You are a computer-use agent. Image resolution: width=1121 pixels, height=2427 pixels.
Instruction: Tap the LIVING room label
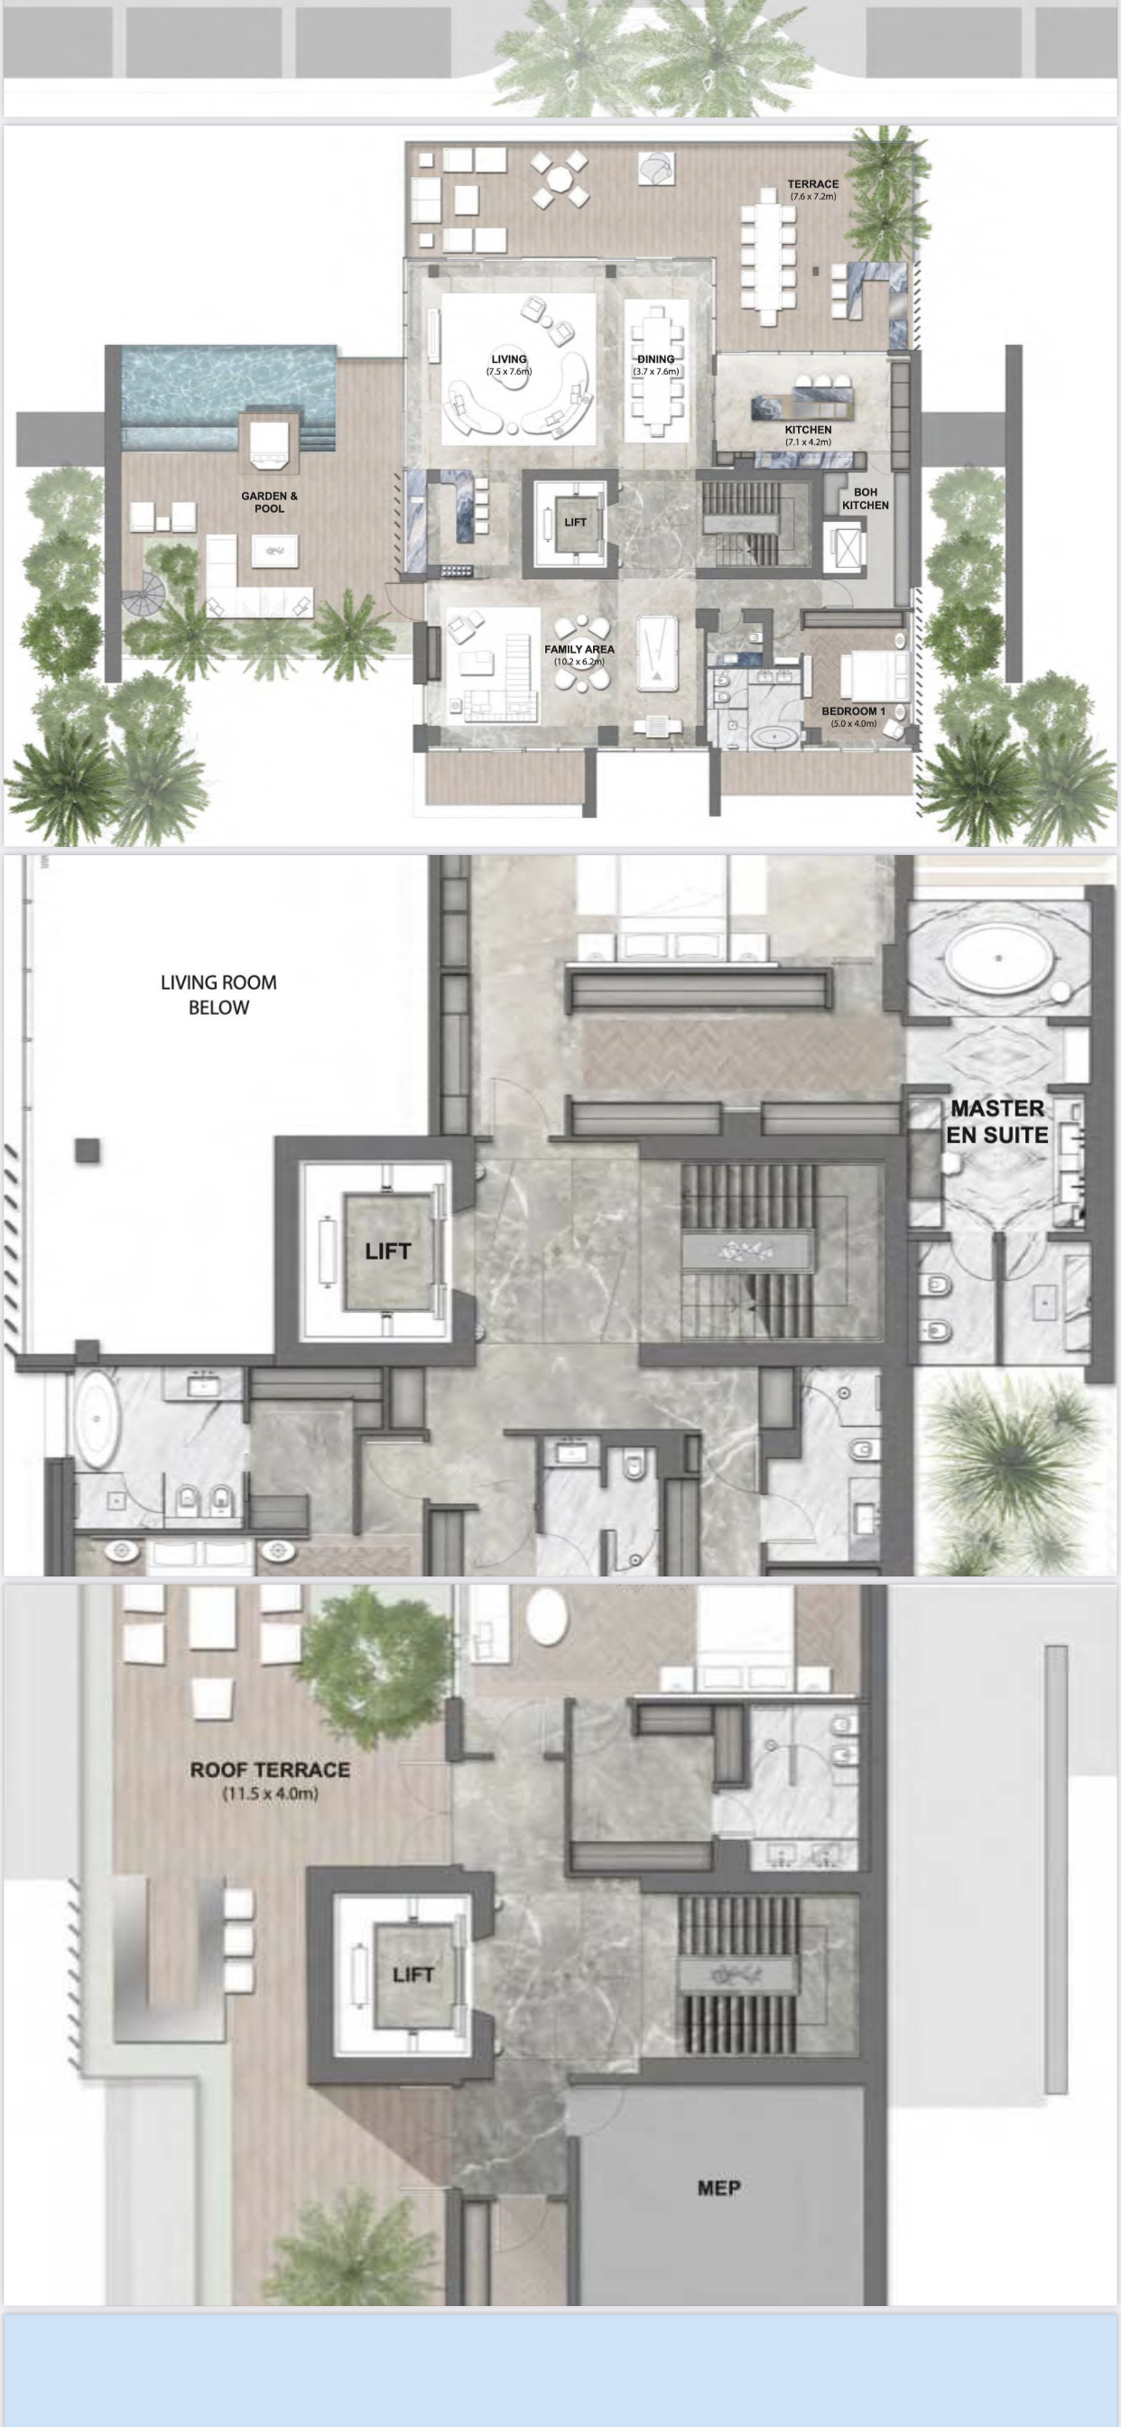click(509, 359)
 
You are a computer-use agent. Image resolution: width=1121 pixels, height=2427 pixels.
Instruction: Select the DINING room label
click(655, 359)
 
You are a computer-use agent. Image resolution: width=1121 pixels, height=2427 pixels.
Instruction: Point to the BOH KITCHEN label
click(865, 498)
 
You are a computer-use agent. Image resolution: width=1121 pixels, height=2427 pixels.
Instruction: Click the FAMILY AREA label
click(579, 649)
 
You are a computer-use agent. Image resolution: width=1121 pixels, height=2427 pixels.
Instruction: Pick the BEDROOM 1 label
click(854, 711)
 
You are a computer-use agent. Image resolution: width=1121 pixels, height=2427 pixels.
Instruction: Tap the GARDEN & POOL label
click(269, 502)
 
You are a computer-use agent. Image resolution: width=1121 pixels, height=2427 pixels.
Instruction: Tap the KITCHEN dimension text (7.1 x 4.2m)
click(808, 442)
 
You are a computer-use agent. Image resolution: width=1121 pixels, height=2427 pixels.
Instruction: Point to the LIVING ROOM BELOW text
click(218, 995)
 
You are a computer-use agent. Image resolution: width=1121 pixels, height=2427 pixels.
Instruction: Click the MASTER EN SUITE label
click(996, 1122)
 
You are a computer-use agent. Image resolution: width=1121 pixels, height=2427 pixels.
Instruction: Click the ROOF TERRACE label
click(271, 1771)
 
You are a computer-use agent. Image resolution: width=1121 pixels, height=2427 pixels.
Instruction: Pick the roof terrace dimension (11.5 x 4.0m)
click(271, 1794)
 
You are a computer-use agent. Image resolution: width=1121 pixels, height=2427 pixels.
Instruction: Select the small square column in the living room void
click(88, 1150)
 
